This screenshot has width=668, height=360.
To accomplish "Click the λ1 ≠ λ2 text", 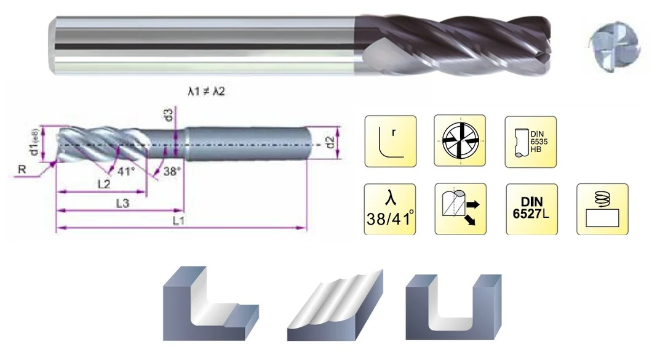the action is tap(206, 91).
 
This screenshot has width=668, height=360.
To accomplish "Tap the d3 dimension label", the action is tap(169, 114).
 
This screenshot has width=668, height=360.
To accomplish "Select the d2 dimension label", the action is tap(330, 143).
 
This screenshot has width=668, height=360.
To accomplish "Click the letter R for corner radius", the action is tap(22, 170).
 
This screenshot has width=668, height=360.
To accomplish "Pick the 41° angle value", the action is tap(126, 172).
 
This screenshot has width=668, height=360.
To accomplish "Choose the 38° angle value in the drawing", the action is tap(172, 171).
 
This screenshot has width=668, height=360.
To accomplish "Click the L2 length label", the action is tap(104, 184).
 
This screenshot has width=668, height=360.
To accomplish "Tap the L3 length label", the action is tap(122, 204).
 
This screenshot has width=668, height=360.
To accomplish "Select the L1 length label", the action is tap(179, 221).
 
